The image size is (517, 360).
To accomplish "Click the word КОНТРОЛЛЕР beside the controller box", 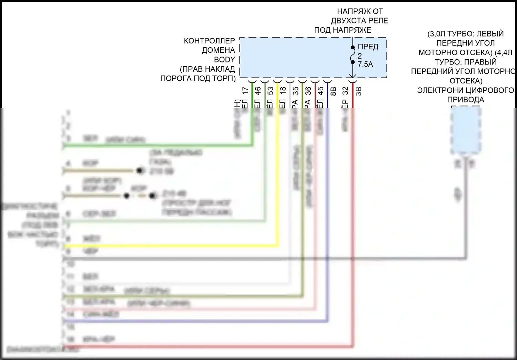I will [209, 41].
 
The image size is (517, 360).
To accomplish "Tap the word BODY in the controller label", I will [224, 60].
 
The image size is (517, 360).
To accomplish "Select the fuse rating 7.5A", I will [365, 64].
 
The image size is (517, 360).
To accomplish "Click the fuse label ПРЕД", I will [368, 47].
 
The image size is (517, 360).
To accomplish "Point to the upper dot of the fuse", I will [353, 47].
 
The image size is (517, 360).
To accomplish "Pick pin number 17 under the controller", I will [245, 91].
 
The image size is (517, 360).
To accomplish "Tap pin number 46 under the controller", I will [258, 91].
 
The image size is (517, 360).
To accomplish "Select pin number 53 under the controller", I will [271, 91].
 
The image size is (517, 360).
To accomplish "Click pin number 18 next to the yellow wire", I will [283, 91].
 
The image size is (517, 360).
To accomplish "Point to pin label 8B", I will [333, 91].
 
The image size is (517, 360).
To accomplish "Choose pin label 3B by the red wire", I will [358, 91].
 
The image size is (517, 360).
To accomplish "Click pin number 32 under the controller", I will [346, 91].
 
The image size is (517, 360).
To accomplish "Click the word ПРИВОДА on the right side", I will [466, 100].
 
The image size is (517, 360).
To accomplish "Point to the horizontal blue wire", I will [193, 321].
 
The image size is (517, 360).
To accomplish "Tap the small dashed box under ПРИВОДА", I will [466, 131].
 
